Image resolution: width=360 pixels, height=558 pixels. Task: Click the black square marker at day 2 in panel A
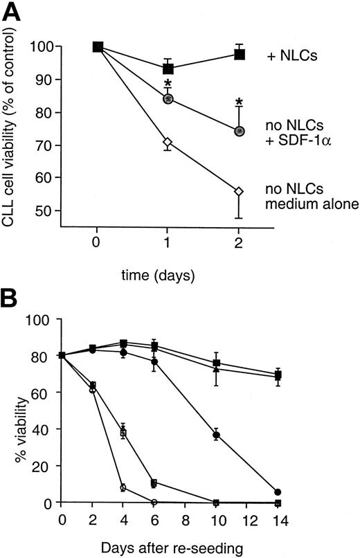240,54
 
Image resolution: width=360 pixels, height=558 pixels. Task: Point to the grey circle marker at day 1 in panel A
168,98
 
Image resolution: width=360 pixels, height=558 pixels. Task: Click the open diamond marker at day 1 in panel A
168,143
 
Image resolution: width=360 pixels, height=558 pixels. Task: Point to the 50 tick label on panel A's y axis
68,210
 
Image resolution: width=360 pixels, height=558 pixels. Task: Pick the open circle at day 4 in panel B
123,487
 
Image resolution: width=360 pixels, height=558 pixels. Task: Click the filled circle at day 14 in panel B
278,492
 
